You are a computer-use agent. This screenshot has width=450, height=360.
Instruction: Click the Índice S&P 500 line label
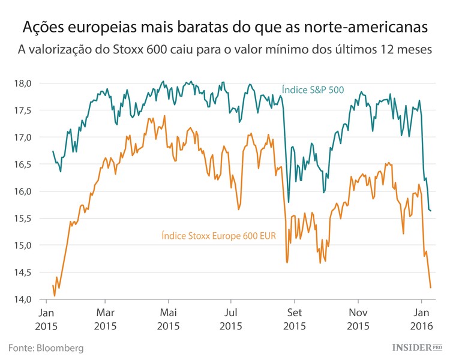pyautogui.click(x=312, y=91)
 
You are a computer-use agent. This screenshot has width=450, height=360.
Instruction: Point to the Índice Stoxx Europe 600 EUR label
pyautogui.click(x=218, y=236)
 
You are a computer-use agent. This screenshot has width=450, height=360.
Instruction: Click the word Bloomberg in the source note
pyautogui.click(x=59, y=348)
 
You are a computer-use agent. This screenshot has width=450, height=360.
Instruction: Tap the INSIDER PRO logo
pyautogui.click(x=417, y=347)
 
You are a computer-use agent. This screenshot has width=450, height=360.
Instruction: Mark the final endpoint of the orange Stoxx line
pyautogui.click(x=431, y=287)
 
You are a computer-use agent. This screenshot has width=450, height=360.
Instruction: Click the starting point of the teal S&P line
pyautogui.click(x=53, y=151)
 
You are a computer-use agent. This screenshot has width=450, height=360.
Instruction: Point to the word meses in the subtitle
pyautogui.click(x=415, y=51)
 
